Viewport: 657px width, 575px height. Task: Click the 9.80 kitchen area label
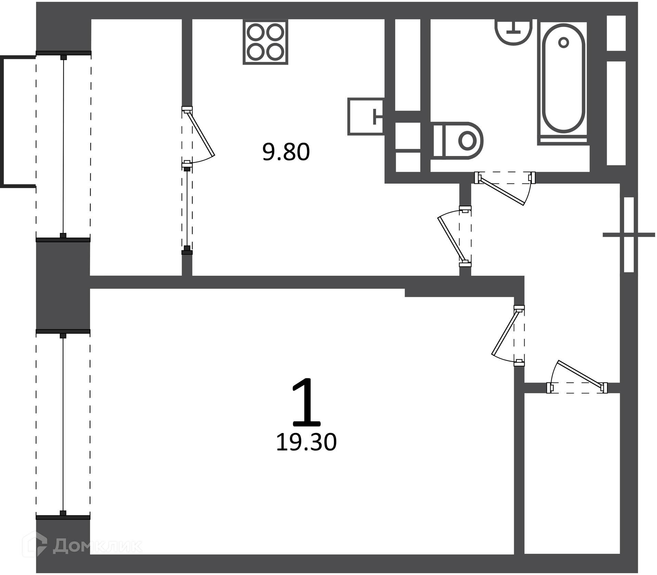click(x=286, y=152)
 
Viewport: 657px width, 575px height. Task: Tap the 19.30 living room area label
click(x=306, y=442)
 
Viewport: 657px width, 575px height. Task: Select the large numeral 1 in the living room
click(x=307, y=402)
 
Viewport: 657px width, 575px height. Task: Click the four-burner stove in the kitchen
click(x=266, y=42)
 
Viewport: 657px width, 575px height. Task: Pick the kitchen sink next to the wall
click(x=365, y=116)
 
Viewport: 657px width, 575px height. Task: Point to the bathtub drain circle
click(x=563, y=43)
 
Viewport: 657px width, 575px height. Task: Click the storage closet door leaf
click(x=580, y=375)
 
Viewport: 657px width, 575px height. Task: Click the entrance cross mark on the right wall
click(x=629, y=235)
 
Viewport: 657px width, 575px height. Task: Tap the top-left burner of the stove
click(x=256, y=33)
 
